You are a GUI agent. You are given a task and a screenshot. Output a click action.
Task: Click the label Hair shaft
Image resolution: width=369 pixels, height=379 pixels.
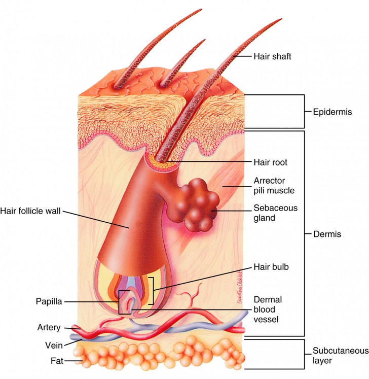point(272,56)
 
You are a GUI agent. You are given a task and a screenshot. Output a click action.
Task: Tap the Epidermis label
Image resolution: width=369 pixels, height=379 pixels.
point(333,112)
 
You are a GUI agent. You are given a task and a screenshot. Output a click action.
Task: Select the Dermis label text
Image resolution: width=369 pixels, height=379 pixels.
point(327,234)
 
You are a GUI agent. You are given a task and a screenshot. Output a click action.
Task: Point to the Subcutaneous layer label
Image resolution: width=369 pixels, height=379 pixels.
point(341,355)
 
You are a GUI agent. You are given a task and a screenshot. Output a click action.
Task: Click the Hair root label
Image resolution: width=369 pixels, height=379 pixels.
point(270,162)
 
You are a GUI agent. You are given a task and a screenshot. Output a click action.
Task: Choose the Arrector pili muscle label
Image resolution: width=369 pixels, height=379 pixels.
point(274,185)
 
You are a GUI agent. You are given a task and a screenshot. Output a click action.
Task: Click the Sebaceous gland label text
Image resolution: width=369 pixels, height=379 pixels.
point(275,213)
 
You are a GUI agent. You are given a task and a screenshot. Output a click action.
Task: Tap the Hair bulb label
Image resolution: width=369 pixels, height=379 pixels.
point(271,267)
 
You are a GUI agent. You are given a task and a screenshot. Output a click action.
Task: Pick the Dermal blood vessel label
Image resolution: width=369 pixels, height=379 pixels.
point(268,309)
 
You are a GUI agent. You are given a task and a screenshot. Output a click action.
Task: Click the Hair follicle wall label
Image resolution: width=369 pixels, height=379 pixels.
point(30,211)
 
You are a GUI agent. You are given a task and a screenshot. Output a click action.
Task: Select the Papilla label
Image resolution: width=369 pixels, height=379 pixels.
point(49,301)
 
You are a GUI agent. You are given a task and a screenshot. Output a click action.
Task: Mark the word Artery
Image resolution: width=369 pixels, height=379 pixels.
point(49,328)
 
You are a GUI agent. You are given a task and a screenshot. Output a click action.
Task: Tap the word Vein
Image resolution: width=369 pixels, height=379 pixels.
point(54,345)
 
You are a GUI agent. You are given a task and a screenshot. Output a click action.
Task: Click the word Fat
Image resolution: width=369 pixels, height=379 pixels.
point(57,361)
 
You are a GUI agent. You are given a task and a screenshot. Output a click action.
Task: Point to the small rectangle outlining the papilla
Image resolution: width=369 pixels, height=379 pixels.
point(119,302)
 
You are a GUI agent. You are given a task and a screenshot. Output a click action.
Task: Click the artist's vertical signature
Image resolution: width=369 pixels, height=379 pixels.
point(240,287)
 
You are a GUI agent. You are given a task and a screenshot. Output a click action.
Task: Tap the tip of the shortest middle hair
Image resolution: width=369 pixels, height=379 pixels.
point(205,40)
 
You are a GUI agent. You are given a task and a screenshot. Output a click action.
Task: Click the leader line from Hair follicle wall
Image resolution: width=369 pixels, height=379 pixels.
point(96,220)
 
